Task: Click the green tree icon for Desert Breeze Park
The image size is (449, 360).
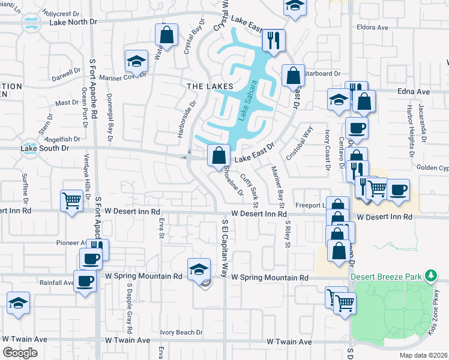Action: point(430,276)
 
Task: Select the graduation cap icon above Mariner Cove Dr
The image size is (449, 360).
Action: point(136,61)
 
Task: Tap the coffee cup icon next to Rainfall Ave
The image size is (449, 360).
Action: point(85,280)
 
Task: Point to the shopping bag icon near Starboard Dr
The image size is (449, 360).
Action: point(292,76)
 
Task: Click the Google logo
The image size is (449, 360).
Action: point(20,353)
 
